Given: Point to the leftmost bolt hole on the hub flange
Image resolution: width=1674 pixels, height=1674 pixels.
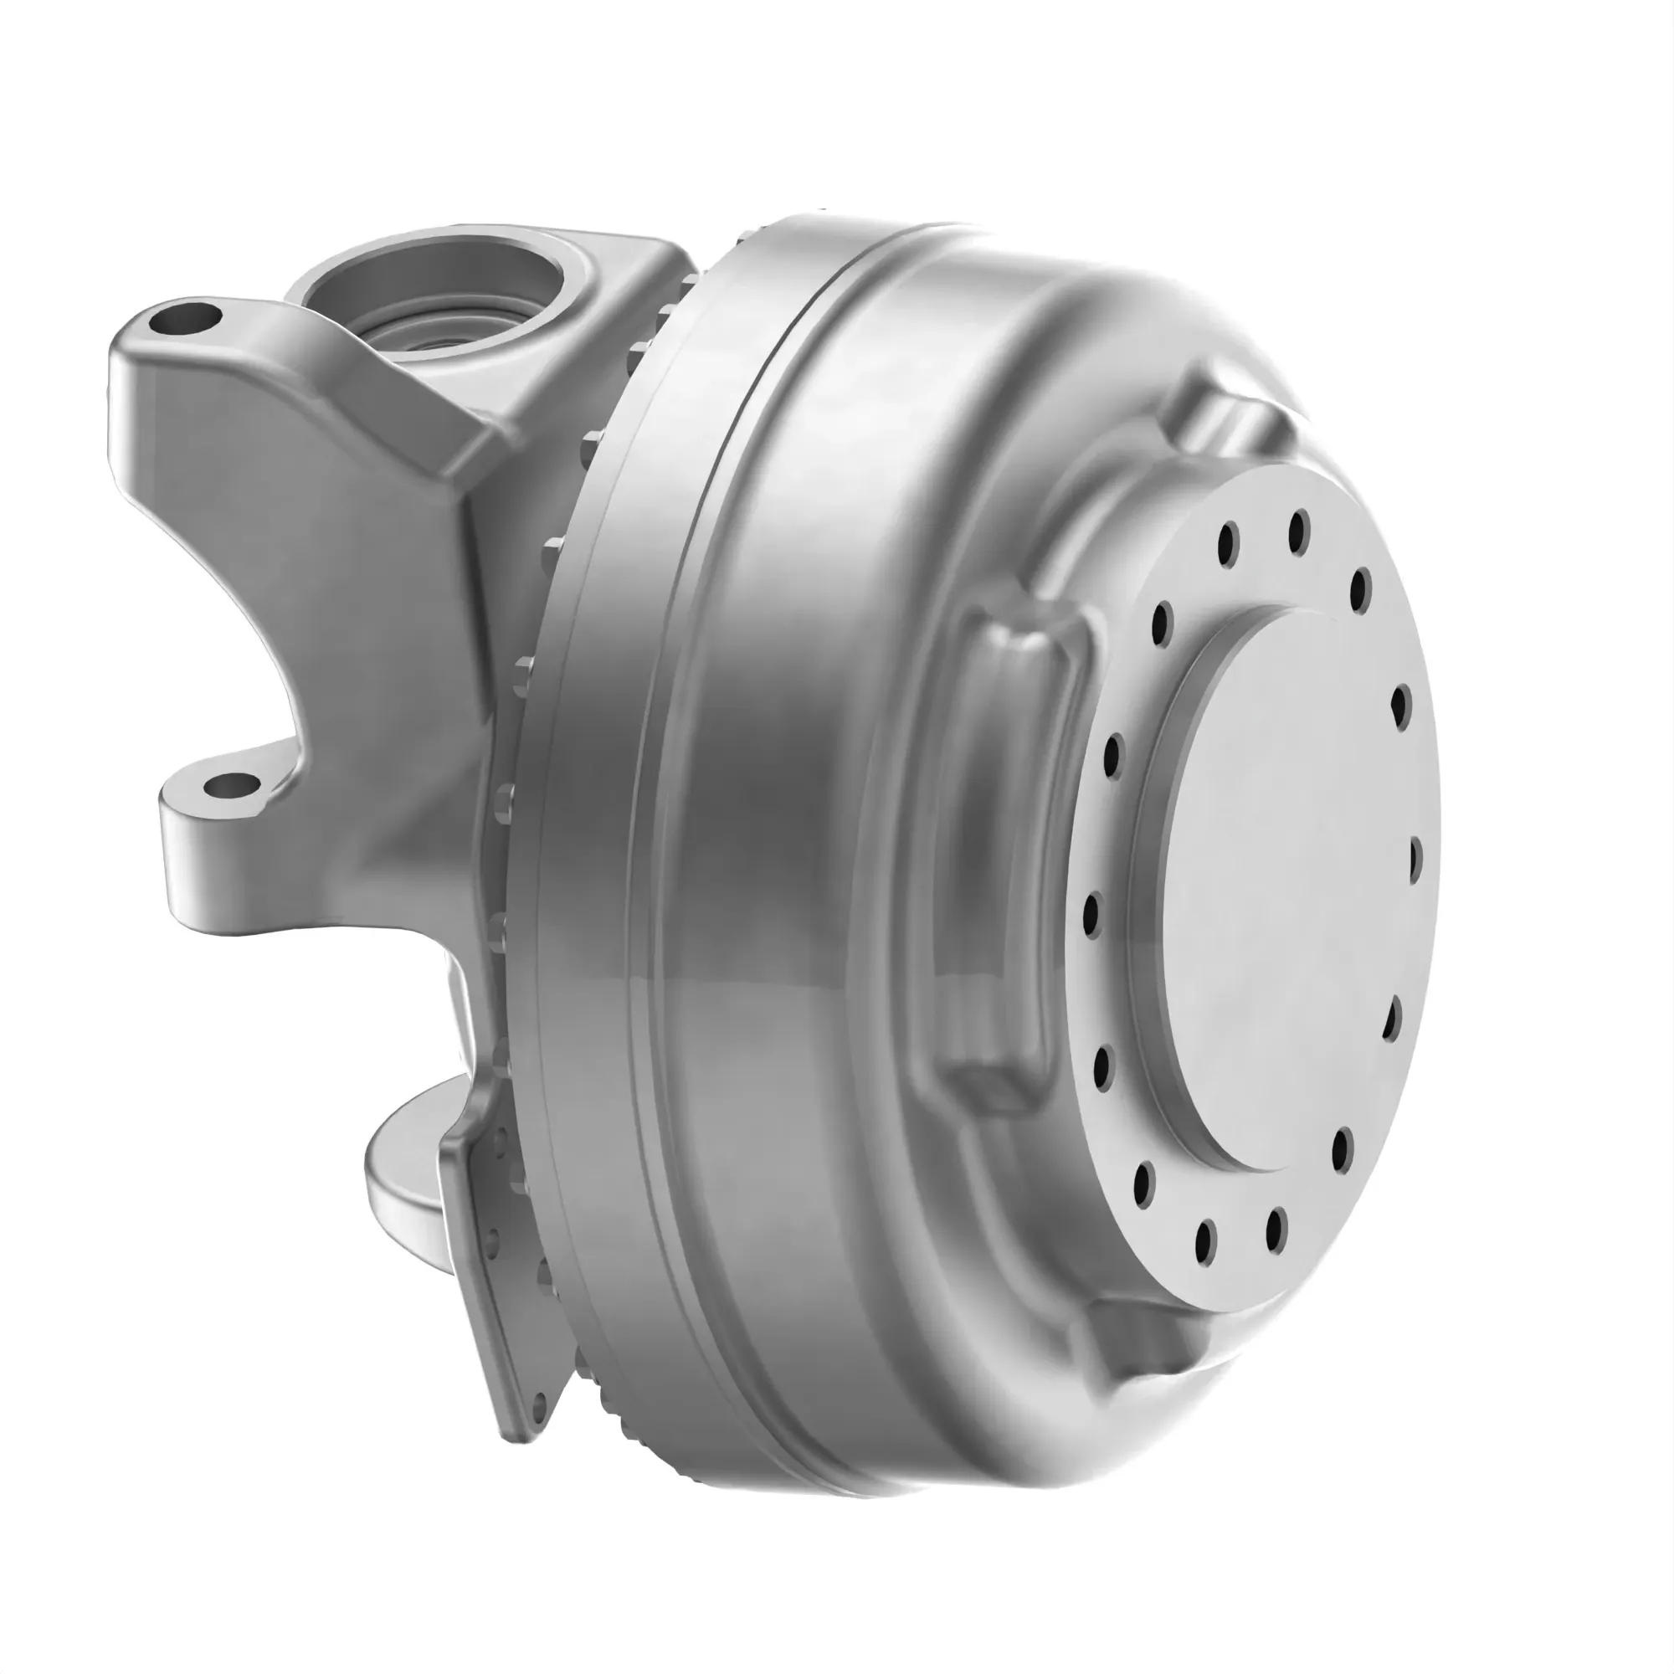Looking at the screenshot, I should point(1091,912).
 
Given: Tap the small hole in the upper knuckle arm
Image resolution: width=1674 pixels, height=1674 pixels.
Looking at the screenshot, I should point(184,320).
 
